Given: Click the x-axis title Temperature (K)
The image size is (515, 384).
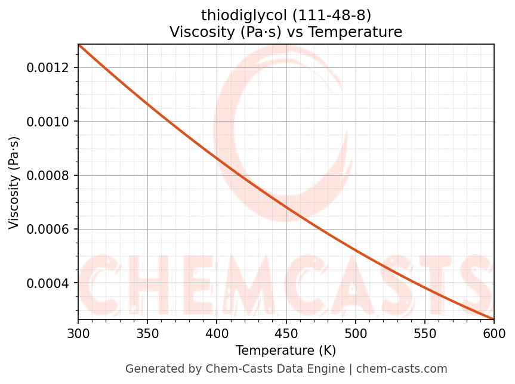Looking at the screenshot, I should pos(286,350).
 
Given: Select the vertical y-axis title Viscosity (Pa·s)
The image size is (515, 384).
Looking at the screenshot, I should pos(14,182).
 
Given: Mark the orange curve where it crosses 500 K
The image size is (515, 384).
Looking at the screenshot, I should pos(356,250).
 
